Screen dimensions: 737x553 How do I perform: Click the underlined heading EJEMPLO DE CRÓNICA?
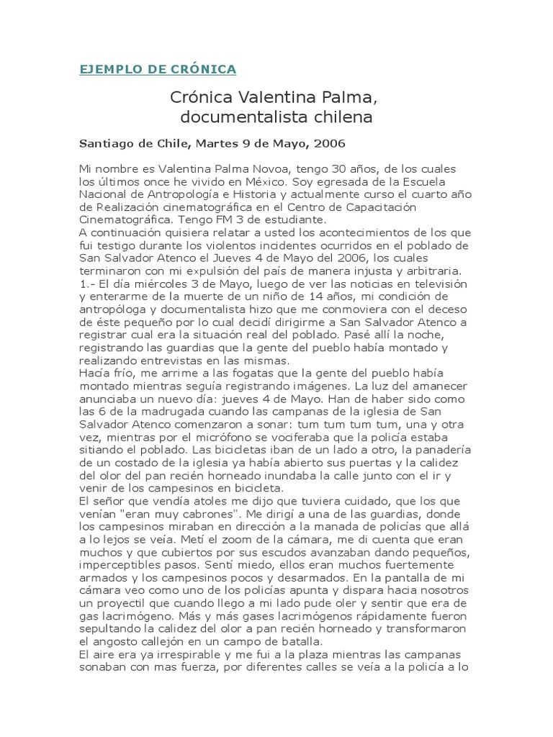pyautogui.click(x=158, y=69)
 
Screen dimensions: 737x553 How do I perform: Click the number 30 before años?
pyautogui.click(x=330, y=168)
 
